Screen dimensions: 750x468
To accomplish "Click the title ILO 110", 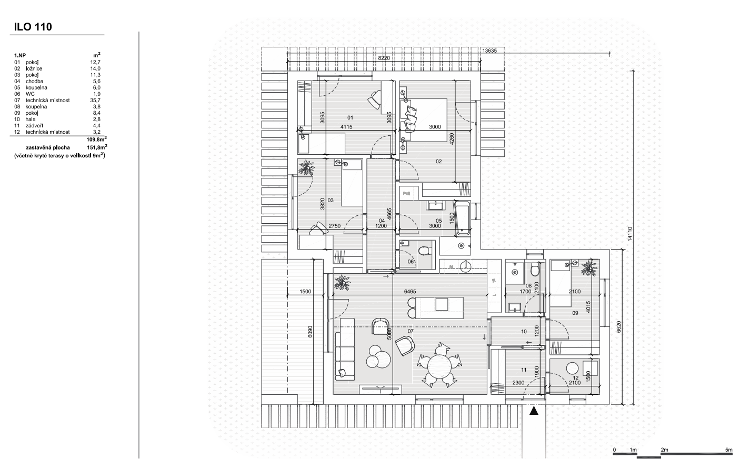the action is pos(33,27).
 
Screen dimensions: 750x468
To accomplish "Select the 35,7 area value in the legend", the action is pos(95,100).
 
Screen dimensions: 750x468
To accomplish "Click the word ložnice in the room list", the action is pos(34,68).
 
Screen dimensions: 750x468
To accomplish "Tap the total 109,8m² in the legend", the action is pos(96,139).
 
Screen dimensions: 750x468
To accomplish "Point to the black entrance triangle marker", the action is pos(534,411).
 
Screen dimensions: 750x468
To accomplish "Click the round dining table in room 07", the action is pos(438,366).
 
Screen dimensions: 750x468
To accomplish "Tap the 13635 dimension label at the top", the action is pos(489,51).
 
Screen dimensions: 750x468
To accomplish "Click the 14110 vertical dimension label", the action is pos(630,234).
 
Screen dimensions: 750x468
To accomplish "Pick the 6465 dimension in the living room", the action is pos(410,292).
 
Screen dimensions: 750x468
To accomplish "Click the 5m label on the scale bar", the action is pos(728,450).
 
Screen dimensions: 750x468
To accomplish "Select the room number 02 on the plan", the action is pos(438,162).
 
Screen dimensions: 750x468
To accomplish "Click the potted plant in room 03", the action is pos(306,167).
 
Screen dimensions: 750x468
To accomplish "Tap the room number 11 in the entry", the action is pos(524,370).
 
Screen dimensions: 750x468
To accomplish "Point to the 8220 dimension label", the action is pos(384,58).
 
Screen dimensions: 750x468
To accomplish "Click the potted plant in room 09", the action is pos(589,268).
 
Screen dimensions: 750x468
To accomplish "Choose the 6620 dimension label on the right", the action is pos(619,327).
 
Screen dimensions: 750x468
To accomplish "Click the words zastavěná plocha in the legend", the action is pos(48,147).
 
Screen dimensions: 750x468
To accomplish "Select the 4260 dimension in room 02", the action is pos(452,139).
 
